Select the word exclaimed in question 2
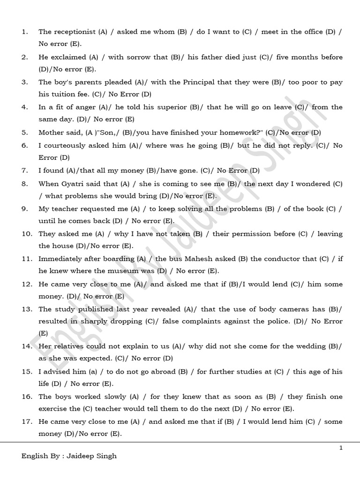[x=67, y=57]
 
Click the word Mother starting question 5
[x=51, y=133]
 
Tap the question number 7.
[x=24, y=171]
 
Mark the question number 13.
[x=27, y=309]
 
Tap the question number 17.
[x=27, y=422]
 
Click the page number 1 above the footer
[x=341, y=448]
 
